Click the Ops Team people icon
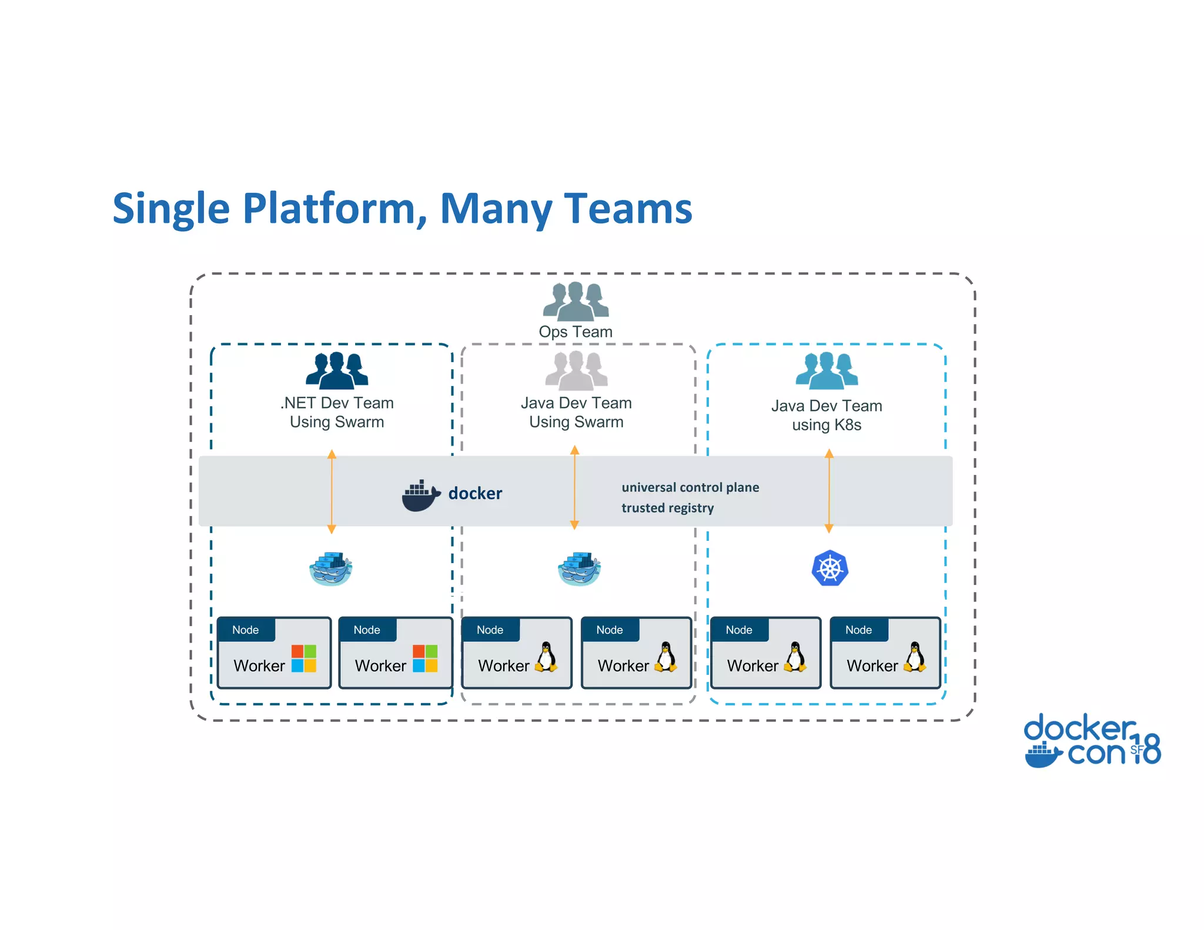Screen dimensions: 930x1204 576,301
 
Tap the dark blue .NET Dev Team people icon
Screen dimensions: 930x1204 337,370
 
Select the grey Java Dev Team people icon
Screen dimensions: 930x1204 576,370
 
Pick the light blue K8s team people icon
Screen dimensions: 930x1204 827,370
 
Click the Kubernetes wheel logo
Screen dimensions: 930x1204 830,568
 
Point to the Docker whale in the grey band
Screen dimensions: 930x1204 420,496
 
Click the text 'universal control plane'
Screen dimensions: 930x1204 690,487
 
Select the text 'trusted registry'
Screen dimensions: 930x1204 667,508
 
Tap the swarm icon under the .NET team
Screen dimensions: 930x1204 331,569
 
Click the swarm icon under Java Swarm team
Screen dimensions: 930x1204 579,569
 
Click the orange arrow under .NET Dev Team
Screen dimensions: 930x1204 332,491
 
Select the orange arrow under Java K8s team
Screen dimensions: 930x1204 829,491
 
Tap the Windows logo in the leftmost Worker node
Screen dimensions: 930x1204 304,658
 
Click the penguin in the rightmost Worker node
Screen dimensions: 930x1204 915,657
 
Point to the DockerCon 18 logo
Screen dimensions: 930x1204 1092,741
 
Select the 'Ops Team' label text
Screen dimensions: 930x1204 576,332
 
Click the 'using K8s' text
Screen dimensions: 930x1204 827,425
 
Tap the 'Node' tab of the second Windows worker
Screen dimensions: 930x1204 367,630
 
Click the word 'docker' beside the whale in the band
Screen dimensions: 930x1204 475,493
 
